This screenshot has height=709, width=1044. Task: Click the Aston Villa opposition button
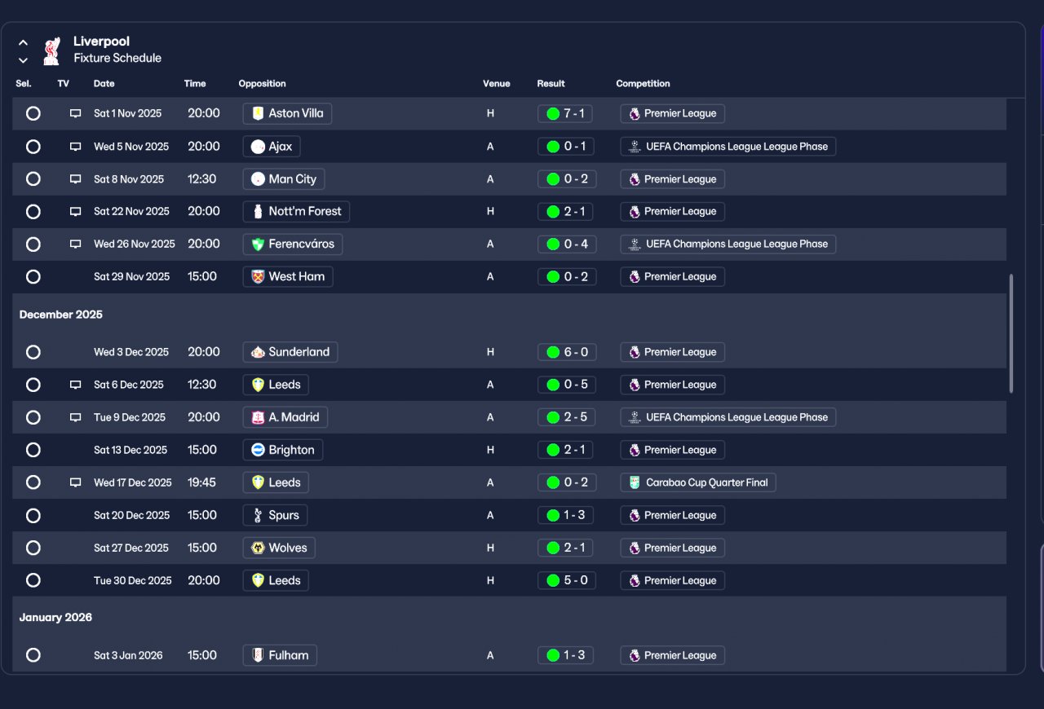(287, 113)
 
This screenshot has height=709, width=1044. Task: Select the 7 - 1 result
(565, 113)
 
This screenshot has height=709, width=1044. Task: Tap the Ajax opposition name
(280, 146)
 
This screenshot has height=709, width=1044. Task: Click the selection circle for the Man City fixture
(33, 179)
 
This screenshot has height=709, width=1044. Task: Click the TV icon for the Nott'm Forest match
(75, 212)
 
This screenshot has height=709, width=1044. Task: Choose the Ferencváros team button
(293, 244)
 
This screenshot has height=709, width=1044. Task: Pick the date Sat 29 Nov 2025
(131, 277)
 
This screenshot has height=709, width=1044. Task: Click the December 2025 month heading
(60, 315)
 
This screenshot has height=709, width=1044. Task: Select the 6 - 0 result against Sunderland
(567, 352)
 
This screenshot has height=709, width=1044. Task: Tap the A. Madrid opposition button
(285, 417)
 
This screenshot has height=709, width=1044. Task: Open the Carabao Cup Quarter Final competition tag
(697, 482)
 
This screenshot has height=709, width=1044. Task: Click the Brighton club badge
(258, 450)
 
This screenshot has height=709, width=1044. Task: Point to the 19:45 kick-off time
(201, 482)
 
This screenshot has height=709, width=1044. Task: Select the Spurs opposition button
(275, 515)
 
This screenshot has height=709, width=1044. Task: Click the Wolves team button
(279, 548)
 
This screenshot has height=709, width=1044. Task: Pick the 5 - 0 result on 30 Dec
(567, 580)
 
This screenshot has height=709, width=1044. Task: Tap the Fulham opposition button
(280, 655)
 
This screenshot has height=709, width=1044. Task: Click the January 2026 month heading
(55, 617)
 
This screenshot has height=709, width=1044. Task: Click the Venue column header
(497, 83)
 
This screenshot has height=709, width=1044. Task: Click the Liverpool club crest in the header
(51, 51)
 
